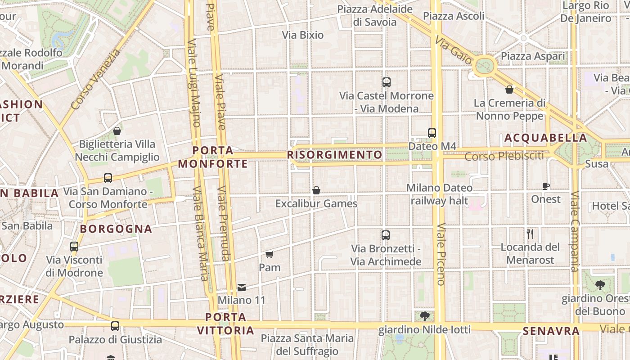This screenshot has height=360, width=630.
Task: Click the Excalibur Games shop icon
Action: point(316,190)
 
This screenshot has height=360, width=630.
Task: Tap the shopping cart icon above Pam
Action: point(269,254)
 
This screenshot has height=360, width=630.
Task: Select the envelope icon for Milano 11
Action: point(242,287)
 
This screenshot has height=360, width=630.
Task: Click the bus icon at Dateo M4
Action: point(432,133)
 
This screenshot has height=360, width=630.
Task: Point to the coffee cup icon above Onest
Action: point(546,186)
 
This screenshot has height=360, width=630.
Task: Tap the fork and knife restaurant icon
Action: point(530,234)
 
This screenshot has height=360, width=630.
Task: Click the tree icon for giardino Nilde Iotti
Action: point(424,316)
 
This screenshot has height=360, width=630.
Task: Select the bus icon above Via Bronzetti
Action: point(386,235)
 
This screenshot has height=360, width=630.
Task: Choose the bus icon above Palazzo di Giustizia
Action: point(115,326)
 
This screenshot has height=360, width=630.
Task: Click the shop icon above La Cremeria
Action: point(509,90)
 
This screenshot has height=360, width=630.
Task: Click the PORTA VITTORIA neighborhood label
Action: point(225,324)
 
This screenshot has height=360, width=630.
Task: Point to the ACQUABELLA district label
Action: point(545,138)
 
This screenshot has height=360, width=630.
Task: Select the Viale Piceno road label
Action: point(441,254)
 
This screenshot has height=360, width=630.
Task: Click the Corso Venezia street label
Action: point(95,80)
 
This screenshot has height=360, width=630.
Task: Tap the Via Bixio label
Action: point(303,35)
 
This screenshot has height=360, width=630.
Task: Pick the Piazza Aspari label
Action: point(533,56)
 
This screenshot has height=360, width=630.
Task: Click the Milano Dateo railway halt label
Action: point(439,194)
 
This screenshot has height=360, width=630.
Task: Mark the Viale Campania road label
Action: point(575,232)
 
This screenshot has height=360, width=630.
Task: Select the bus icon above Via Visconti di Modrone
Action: point(74,247)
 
